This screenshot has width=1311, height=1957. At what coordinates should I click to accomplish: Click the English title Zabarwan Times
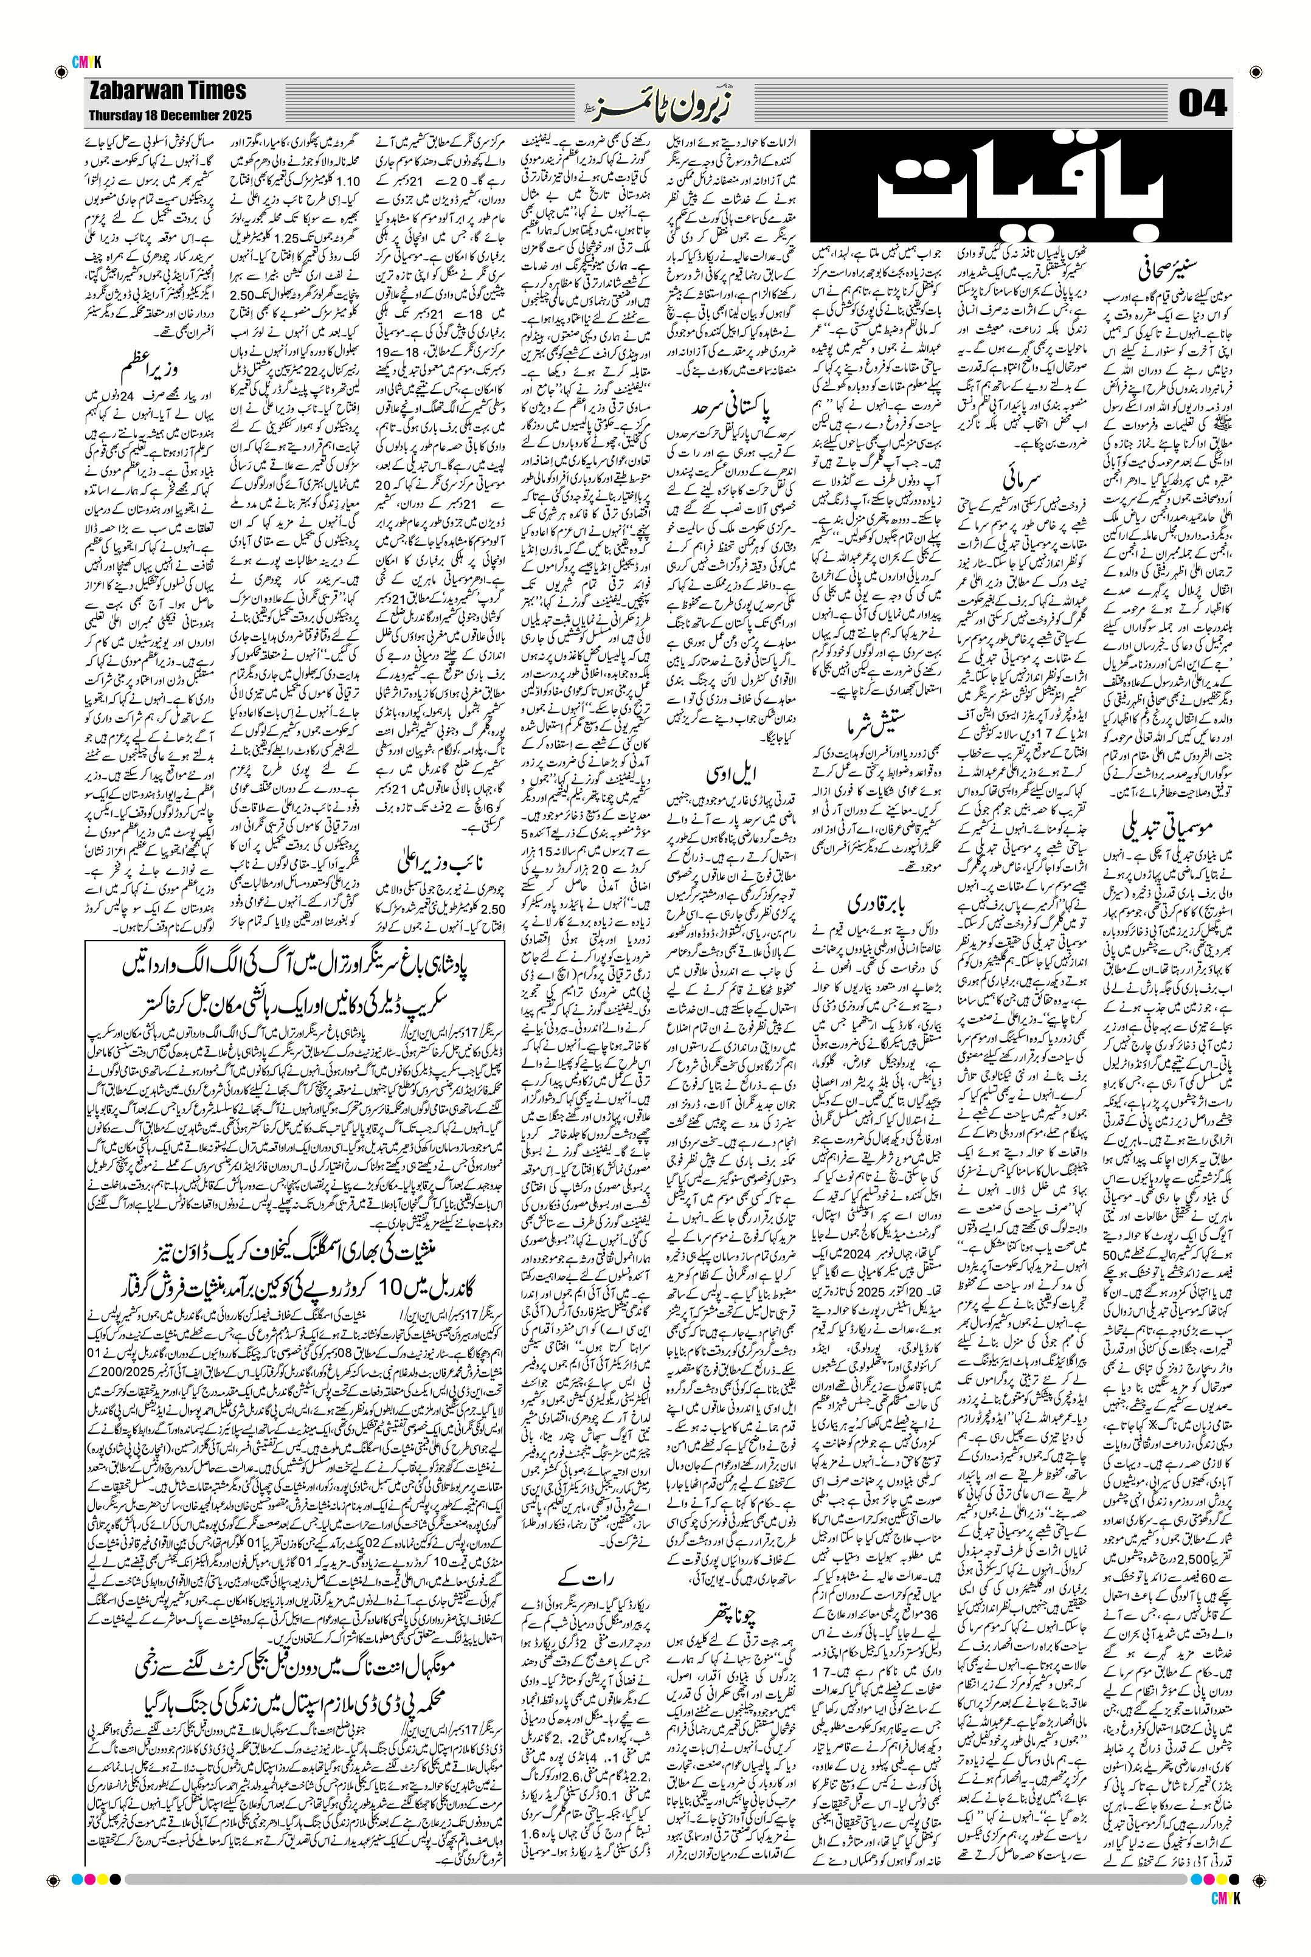167,91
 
